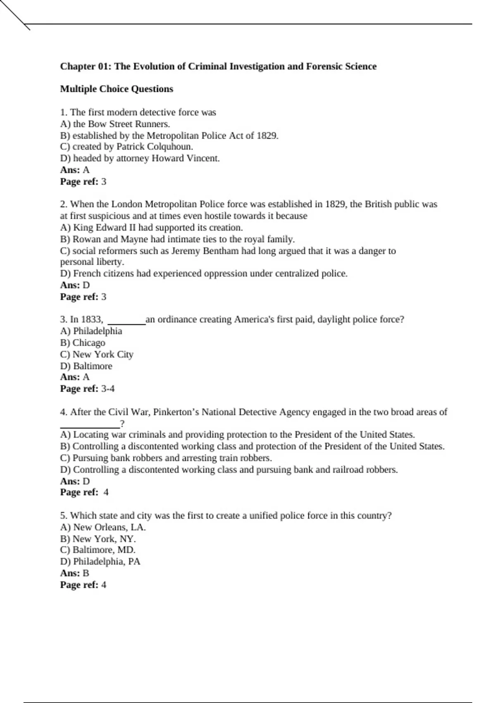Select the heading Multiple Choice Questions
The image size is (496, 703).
[x=117, y=89]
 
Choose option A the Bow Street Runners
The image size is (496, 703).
[x=115, y=124]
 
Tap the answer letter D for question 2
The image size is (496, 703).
[x=86, y=285]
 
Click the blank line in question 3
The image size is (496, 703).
[x=126, y=323]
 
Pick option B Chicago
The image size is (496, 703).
[x=83, y=343]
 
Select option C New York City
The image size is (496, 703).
[x=97, y=354]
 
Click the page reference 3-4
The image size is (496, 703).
[x=108, y=389]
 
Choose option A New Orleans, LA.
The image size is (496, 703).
[x=103, y=527]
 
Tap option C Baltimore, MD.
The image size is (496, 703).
[x=98, y=550]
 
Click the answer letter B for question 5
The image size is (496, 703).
[x=86, y=573]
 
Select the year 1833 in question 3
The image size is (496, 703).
[x=91, y=320]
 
